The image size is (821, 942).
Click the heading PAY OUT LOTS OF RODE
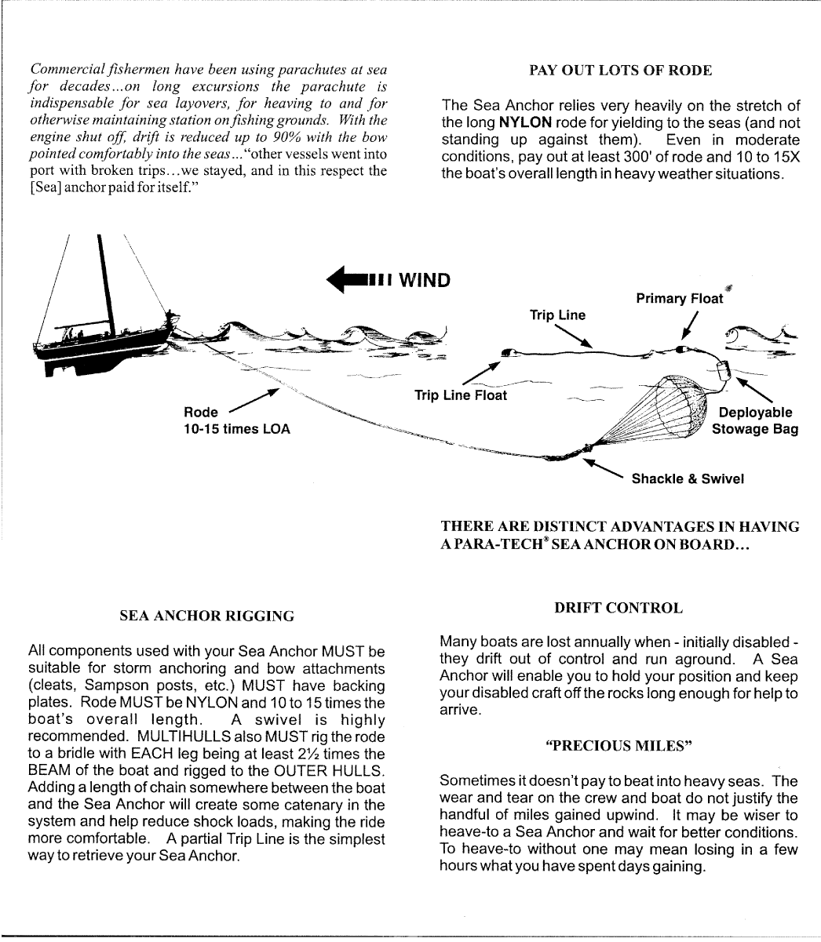[620, 71]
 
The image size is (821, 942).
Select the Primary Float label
[679, 299]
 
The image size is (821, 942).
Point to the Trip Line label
[557, 315]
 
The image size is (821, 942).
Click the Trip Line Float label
[460, 395]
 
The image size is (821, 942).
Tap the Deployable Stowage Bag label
[754, 420]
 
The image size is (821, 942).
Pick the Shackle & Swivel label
[688, 478]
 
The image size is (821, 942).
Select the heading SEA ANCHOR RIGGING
[206, 616]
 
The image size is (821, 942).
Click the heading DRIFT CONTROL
[618, 608]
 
